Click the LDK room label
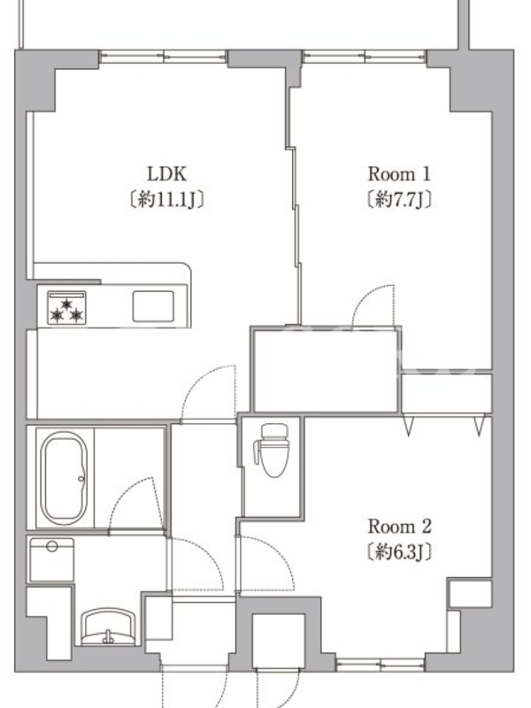pos(166,173)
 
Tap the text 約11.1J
pos(166,199)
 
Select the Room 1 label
pos(399,173)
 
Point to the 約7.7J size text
pos(399,199)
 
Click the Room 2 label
pos(400,527)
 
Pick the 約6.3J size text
pos(399,551)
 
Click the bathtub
pos(64,478)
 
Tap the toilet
pos(273,450)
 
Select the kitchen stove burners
pos(67,308)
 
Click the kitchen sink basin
pos(153,306)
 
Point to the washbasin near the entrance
pos(108,627)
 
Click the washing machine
pos(51,559)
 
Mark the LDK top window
pos(163,57)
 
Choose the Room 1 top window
pos(365,57)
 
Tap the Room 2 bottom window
pos(381,666)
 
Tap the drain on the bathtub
pos(81,479)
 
